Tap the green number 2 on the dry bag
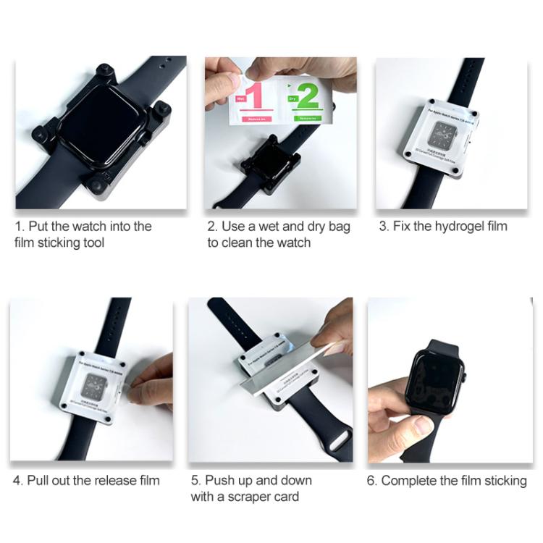click(x=307, y=97)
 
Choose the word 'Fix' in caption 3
click(x=402, y=227)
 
